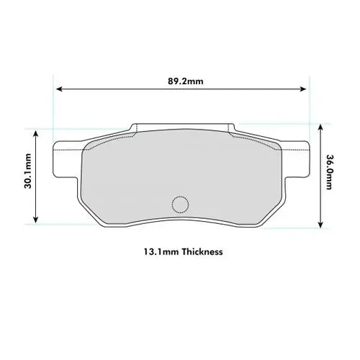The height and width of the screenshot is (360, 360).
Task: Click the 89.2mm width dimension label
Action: [186, 81]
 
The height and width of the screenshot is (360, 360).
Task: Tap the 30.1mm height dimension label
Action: [28, 171]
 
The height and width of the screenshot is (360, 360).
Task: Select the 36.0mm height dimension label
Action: [329, 172]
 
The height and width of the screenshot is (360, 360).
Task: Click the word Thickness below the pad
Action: [202, 252]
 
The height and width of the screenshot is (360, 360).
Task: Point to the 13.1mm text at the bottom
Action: [161, 252]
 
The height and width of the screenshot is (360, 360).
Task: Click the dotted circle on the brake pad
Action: [180, 204]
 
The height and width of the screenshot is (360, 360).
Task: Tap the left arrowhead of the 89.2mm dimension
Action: [60, 89]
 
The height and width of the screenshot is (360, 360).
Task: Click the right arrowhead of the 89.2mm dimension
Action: [303, 89]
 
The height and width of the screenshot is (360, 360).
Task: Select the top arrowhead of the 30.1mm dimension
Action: [35, 133]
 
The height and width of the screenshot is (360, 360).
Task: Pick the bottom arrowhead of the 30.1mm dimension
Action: [35, 220]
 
